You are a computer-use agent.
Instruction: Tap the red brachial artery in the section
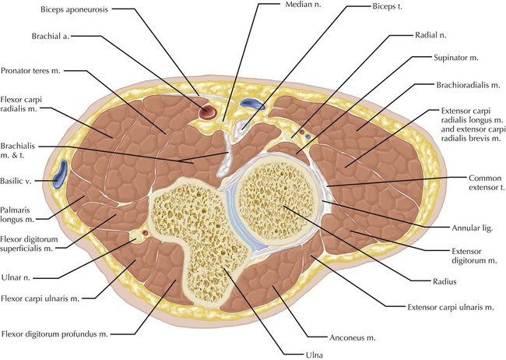coord(208,112)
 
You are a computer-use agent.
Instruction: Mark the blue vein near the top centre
coord(252,103)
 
